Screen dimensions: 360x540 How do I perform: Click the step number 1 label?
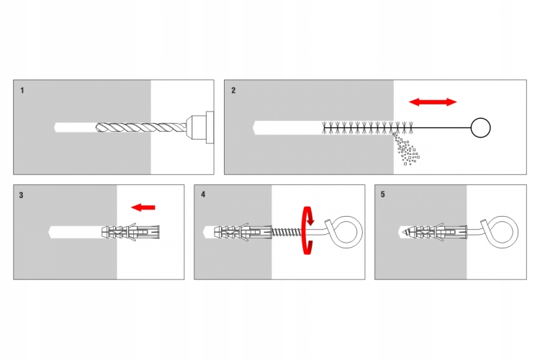[22, 91]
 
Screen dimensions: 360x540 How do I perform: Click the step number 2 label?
[233, 91]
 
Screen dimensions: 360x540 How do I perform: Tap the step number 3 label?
[22, 195]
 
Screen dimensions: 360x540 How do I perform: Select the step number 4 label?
[204, 195]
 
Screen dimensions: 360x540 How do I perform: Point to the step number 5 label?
[383, 195]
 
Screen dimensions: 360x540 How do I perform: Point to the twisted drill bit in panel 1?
[140, 127]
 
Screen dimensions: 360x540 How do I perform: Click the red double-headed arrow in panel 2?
[433, 102]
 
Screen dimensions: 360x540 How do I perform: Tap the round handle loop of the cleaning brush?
[480, 127]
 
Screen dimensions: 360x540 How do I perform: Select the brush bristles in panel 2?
[367, 127]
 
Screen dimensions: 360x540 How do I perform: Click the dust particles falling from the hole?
[407, 150]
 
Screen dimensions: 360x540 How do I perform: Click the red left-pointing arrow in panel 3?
[143, 207]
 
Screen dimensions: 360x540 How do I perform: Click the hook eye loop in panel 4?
[348, 230]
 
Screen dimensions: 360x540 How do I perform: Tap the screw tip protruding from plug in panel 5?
[405, 233]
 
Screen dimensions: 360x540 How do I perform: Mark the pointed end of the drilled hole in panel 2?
[256, 127]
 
